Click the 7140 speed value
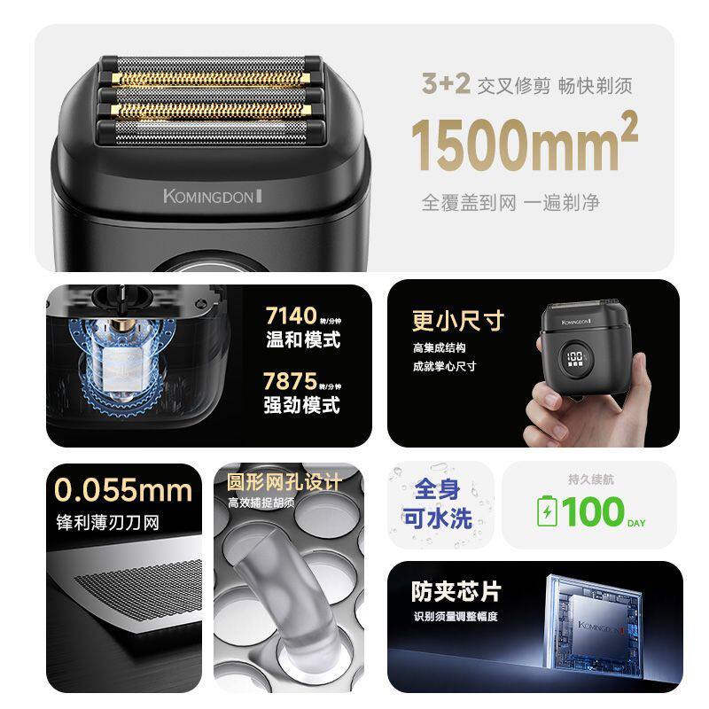tap(291, 316)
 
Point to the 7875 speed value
tap(291, 382)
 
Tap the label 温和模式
tap(302, 340)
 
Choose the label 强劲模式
tap(302, 406)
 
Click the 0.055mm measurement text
tap(122, 490)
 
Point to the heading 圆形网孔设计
tap(284, 483)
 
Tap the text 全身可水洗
tap(438, 504)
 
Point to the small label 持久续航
tap(589, 479)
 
